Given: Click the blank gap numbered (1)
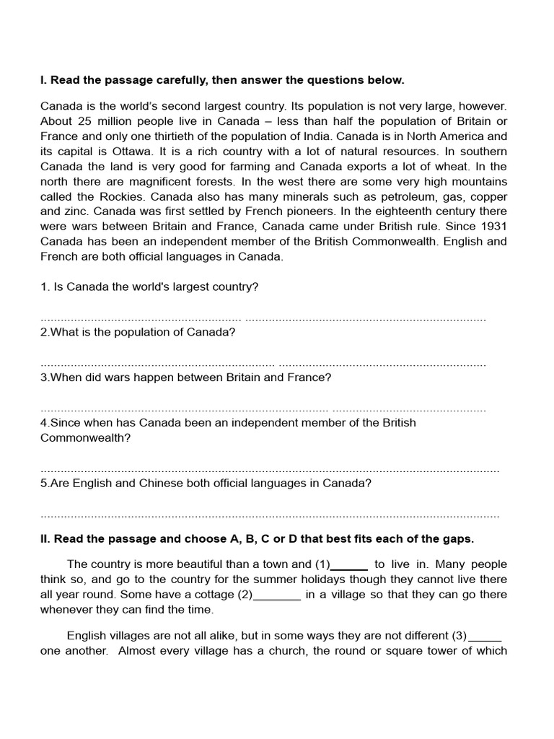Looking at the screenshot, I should (349, 565).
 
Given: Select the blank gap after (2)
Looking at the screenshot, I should (278, 595).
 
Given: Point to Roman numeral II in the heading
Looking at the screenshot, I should (45, 539).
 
